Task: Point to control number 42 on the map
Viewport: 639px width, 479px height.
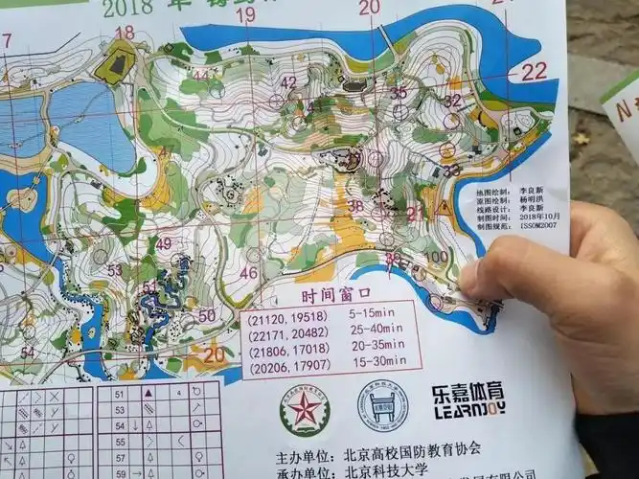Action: point(288,82)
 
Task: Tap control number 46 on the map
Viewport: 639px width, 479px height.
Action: point(248,272)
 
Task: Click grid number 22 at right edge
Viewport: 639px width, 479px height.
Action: point(534,71)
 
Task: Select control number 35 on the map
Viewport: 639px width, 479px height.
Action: point(398,93)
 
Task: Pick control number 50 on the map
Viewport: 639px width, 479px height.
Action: point(207,315)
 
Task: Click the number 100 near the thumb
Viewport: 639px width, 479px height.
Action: point(438,258)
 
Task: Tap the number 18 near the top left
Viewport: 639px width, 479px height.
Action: point(125,32)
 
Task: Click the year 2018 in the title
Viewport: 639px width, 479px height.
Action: point(123,10)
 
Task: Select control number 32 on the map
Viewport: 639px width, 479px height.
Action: point(452,100)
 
